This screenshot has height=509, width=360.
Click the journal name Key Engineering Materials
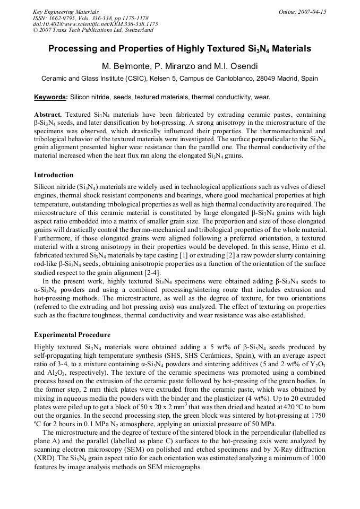pyautogui.click(x=66, y=12)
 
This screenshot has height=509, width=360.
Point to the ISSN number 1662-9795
pyautogui.click(x=64, y=18)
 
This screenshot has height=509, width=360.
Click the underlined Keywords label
pyautogui.click(x=50, y=97)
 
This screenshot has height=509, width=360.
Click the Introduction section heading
pyautogui.click(x=54, y=175)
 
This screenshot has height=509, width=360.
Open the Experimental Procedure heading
pyautogui.click(x=72, y=335)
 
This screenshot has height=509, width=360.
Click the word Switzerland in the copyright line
pyautogui.click(x=135, y=30)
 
